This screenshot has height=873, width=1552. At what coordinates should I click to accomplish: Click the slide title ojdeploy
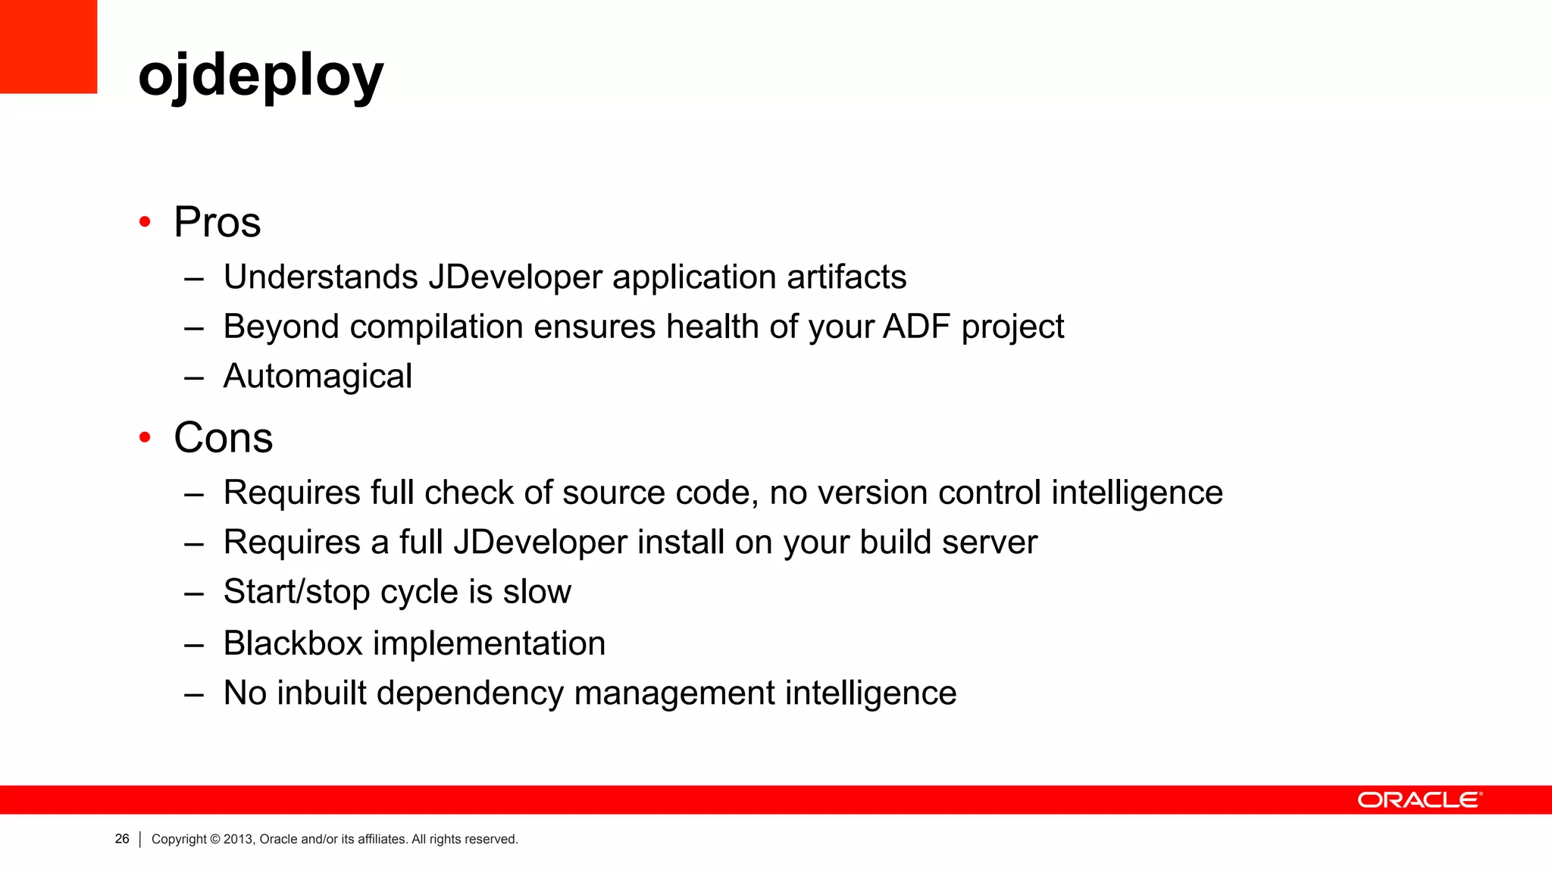pyautogui.click(x=261, y=76)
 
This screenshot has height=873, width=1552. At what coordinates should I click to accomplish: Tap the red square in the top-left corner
pyautogui.click(x=48, y=46)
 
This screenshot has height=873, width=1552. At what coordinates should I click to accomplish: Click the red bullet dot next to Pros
pyautogui.click(x=145, y=222)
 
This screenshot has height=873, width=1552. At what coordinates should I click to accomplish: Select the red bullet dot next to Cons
pyautogui.click(x=145, y=437)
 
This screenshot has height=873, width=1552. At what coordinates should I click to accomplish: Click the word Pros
pyautogui.click(x=217, y=222)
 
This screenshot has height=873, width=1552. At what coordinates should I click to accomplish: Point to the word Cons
pyautogui.click(x=224, y=437)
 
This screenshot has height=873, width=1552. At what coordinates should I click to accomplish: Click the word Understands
pyautogui.click(x=321, y=277)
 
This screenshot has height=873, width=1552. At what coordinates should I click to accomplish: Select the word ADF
pyautogui.click(x=916, y=327)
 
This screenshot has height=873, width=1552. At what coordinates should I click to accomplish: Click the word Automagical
pyautogui.click(x=318, y=377)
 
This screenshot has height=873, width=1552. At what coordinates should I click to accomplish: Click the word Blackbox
pyautogui.click(x=293, y=643)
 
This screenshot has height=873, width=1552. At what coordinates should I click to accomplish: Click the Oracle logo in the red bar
pyautogui.click(x=1419, y=800)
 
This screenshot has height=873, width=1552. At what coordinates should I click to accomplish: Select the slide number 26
pyautogui.click(x=122, y=839)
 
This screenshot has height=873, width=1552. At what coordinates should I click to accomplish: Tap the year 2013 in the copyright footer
pyautogui.click(x=237, y=839)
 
